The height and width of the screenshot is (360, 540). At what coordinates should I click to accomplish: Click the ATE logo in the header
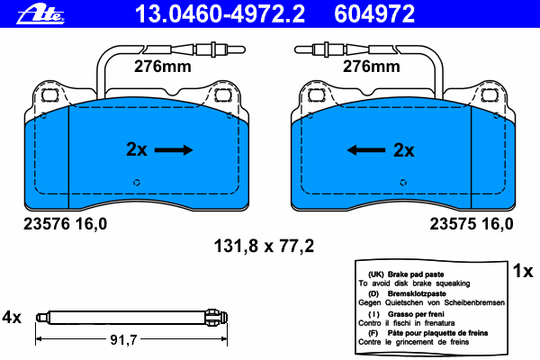(x=40, y=14)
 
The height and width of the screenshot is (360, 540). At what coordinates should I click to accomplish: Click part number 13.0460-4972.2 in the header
(x=220, y=13)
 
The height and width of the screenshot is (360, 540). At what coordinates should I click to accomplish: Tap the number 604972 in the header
(x=374, y=13)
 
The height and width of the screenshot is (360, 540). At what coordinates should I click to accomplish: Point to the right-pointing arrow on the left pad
(x=174, y=150)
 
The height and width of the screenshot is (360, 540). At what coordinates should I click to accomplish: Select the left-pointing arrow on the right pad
(x=365, y=150)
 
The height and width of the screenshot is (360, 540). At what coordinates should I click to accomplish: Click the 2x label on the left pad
(x=137, y=149)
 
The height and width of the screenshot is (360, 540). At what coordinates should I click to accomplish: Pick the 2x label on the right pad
(x=403, y=150)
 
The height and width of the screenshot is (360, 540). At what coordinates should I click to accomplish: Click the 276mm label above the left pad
(x=163, y=67)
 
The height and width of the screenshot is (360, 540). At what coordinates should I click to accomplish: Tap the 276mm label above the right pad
(x=371, y=67)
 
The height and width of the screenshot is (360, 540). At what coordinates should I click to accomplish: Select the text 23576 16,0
(x=66, y=224)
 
